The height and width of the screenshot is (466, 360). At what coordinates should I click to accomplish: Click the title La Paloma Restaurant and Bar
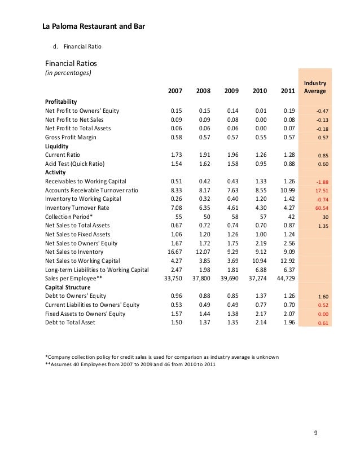click(95, 26)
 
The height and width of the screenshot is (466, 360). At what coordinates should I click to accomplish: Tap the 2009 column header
click(231, 91)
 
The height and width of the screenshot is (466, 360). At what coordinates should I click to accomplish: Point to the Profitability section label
click(61, 102)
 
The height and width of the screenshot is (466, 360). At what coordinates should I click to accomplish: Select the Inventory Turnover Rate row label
click(77, 208)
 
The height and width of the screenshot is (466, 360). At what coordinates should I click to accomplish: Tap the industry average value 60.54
click(321, 208)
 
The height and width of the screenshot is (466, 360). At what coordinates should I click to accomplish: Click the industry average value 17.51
click(321, 191)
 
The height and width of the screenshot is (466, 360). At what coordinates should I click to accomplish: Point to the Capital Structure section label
click(68, 287)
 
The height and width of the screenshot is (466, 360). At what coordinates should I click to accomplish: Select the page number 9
click(316, 433)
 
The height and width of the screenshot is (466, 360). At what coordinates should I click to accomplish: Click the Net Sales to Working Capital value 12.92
click(288, 261)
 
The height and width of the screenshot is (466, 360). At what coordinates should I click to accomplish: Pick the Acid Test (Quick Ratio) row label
click(75, 164)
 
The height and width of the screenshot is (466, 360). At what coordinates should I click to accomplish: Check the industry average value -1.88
click(322, 182)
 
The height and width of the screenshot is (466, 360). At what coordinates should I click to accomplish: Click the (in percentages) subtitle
click(68, 73)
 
